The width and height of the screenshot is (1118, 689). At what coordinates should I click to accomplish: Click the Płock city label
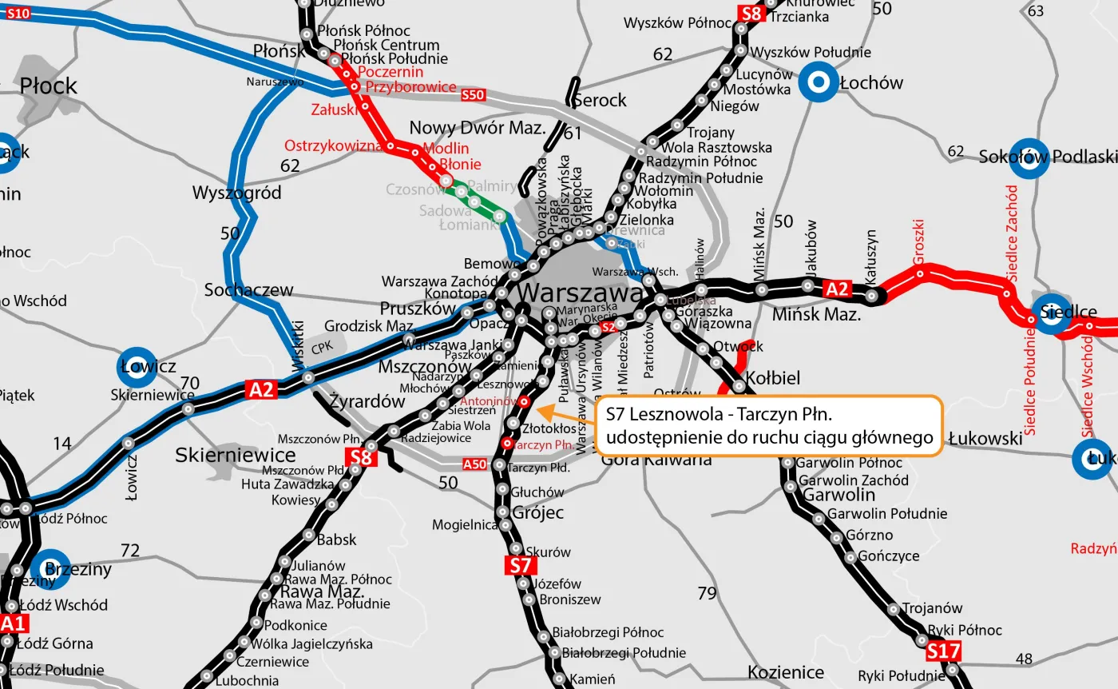pyautogui.click(x=48, y=86)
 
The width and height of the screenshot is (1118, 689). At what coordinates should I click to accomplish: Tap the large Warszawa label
pyautogui.click(x=580, y=294)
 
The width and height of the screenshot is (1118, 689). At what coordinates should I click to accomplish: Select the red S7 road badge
pyautogui.click(x=519, y=565)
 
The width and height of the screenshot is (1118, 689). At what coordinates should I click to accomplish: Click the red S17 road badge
pyautogui.click(x=943, y=652)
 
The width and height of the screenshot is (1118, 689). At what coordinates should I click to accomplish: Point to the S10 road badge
pyautogui.click(x=18, y=13)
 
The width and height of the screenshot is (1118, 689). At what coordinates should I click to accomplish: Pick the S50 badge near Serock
pyautogui.click(x=473, y=95)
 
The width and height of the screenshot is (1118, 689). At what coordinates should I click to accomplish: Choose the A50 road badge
pyautogui.click(x=474, y=464)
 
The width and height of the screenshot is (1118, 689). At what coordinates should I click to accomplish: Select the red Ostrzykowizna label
pyautogui.click(x=334, y=146)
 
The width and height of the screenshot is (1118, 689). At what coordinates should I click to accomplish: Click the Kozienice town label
pyautogui.click(x=786, y=671)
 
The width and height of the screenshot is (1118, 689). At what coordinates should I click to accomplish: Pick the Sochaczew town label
pyautogui.click(x=248, y=289)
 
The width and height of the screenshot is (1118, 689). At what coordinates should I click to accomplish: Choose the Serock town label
pyautogui.click(x=599, y=101)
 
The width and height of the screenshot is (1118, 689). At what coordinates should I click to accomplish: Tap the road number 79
pyautogui.click(x=707, y=593)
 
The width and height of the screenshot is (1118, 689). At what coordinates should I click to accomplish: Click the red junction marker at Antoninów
pyautogui.click(x=524, y=401)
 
